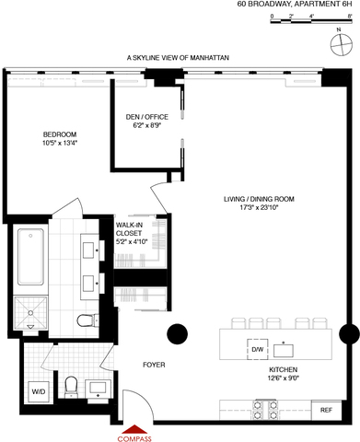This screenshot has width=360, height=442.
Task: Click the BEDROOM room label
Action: (x=60, y=134)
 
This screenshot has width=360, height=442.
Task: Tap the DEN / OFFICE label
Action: (x=147, y=117)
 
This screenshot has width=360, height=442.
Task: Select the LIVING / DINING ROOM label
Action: (x=259, y=199)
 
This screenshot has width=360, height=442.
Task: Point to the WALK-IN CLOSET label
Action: (x=129, y=229)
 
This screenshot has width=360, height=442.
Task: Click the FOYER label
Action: (x=154, y=365)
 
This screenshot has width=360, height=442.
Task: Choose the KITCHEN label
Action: (x=284, y=369)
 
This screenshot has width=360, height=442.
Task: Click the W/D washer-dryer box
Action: (x=39, y=391)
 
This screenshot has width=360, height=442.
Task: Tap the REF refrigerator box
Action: (x=327, y=410)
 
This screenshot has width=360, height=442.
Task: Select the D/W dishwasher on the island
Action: (x=258, y=349)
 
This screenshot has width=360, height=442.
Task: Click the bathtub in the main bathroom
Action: (x=30, y=257)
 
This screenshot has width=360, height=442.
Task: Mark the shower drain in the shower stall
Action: (x=30, y=313)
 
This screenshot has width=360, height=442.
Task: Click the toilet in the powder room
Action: (x=71, y=386)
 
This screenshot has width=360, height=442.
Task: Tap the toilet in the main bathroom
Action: (x=87, y=321)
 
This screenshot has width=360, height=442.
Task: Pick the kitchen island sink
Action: (x=284, y=351)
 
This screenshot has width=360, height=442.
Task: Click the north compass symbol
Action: (x=341, y=45)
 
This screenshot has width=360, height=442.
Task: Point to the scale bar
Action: (x=311, y=21)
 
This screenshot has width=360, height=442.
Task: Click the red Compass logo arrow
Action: (x=134, y=429)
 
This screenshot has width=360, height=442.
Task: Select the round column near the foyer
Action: (x=178, y=334)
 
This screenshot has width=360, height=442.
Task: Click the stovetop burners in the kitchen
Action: (x=265, y=411)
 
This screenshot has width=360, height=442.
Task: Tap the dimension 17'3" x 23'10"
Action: (x=259, y=207)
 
